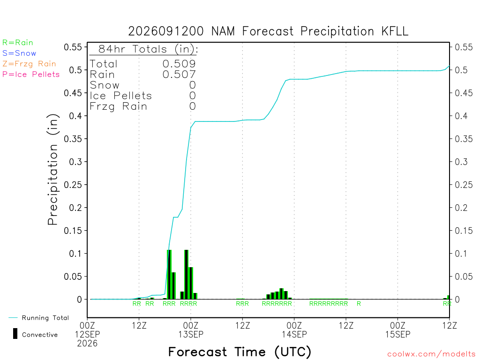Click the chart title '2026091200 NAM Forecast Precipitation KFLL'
(x=268, y=31)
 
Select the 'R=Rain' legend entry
(x=18, y=43)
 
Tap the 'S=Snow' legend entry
(x=19, y=53)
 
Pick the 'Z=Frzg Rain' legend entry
(x=29, y=64)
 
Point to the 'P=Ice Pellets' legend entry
(x=31, y=75)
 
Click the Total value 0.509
(x=179, y=64)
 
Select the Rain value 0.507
(x=179, y=75)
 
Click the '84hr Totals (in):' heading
(x=148, y=49)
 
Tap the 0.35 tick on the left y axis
(x=73, y=139)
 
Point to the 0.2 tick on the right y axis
(x=461, y=208)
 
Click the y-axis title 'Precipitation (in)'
(x=52, y=169)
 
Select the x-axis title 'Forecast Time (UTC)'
(x=240, y=352)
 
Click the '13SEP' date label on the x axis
(x=191, y=334)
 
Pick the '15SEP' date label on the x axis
(x=397, y=334)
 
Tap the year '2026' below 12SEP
(x=87, y=344)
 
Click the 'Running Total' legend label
(x=45, y=318)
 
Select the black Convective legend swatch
(x=15, y=334)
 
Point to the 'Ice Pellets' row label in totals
(x=120, y=96)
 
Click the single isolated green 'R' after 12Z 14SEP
(x=359, y=304)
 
